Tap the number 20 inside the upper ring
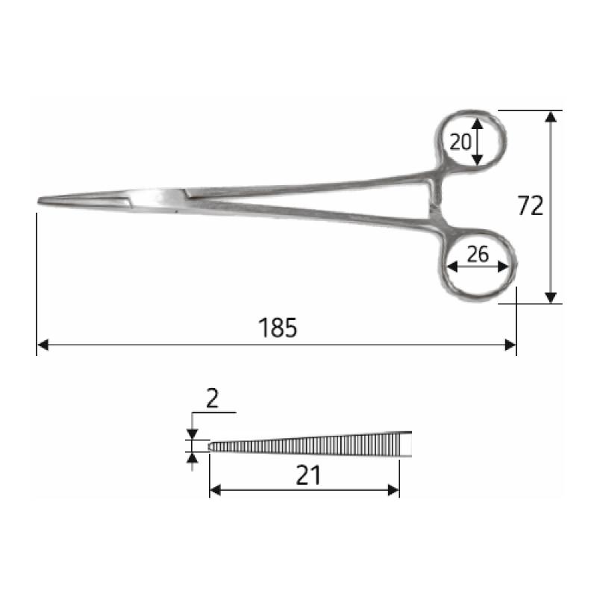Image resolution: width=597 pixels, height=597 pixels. click(x=460, y=140)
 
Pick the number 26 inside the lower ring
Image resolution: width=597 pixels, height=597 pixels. click(x=478, y=254)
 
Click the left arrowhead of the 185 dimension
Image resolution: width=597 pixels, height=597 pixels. click(x=43, y=345)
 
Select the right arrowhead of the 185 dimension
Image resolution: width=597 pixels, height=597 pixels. click(x=510, y=345)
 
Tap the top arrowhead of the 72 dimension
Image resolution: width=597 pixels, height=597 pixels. click(x=551, y=116)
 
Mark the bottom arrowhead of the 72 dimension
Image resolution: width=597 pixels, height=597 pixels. click(x=551, y=298)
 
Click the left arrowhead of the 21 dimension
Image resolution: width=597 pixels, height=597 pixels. click(x=215, y=490)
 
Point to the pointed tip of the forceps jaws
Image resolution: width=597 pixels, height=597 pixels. click(x=40, y=201)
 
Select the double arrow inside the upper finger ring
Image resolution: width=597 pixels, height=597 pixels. click(x=478, y=141)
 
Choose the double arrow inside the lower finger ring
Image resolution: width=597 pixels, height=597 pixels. click(x=478, y=267)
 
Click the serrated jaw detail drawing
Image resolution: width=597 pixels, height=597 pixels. click(x=310, y=444)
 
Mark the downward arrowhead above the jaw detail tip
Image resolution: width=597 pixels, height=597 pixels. click(x=193, y=434)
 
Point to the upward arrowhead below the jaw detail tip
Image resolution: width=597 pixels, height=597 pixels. click(x=193, y=457)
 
